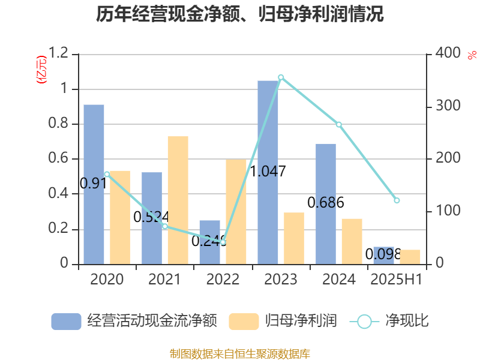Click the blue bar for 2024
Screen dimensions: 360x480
(x=326, y=203)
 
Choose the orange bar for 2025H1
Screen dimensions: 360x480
(x=410, y=257)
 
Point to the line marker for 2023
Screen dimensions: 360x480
(x=281, y=77)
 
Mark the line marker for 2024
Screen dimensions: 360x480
(x=338, y=124)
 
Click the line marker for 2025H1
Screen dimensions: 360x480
(x=397, y=200)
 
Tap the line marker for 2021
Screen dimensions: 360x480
(x=165, y=226)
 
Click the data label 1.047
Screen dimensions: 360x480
(x=268, y=171)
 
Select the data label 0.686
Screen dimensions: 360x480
(x=326, y=203)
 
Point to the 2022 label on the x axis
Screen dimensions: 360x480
(x=223, y=280)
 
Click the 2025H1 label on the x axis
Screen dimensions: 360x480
(x=397, y=280)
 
